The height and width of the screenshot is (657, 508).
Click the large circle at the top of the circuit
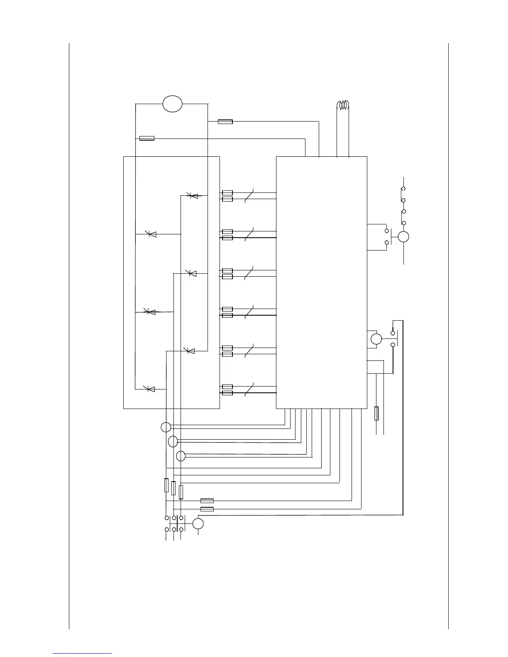point(172,103)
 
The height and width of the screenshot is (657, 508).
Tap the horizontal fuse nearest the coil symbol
point(225,122)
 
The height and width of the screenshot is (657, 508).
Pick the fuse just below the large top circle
point(147,138)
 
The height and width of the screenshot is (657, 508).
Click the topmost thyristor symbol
point(193,195)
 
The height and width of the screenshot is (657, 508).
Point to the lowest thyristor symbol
point(150,389)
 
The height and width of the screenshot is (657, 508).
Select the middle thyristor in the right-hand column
point(192,273)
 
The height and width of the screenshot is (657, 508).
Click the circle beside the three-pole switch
point(198,524)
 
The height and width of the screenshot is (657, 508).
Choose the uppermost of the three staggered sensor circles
point(166,427)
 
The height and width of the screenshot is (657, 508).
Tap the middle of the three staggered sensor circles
point(173,441)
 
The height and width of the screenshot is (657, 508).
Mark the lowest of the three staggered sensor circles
point(181,456)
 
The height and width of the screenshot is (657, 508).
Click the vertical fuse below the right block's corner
point(376,414)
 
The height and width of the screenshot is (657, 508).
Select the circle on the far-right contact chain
point(403,236)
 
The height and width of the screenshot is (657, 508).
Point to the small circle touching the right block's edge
point(376,339)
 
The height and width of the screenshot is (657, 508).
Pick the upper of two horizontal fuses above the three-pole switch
point(207,501)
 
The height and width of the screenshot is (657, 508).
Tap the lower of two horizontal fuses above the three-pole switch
point(207,509)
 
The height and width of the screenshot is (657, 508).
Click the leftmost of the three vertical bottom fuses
point(166,485)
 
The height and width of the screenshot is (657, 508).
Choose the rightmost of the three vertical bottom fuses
point(181,492)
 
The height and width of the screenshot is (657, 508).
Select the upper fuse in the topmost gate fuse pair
point(227,193)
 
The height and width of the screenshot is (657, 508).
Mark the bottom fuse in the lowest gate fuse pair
point(227,393)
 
